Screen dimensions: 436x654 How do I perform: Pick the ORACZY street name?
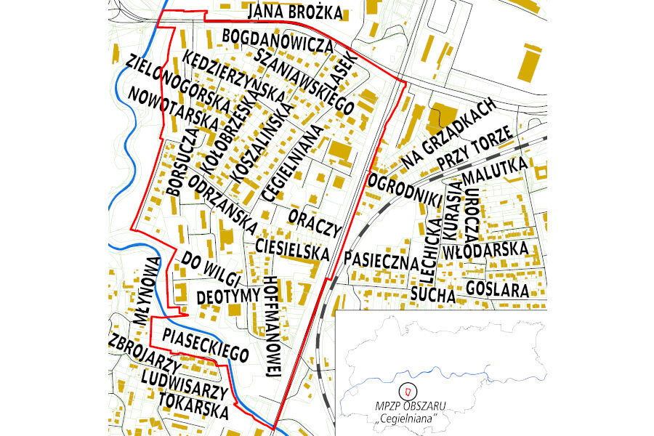pos(314,224)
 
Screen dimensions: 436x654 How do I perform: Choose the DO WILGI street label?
pos(211,269)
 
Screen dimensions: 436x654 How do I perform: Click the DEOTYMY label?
pos(228,296)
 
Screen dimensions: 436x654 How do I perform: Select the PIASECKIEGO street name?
pos(206,344)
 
